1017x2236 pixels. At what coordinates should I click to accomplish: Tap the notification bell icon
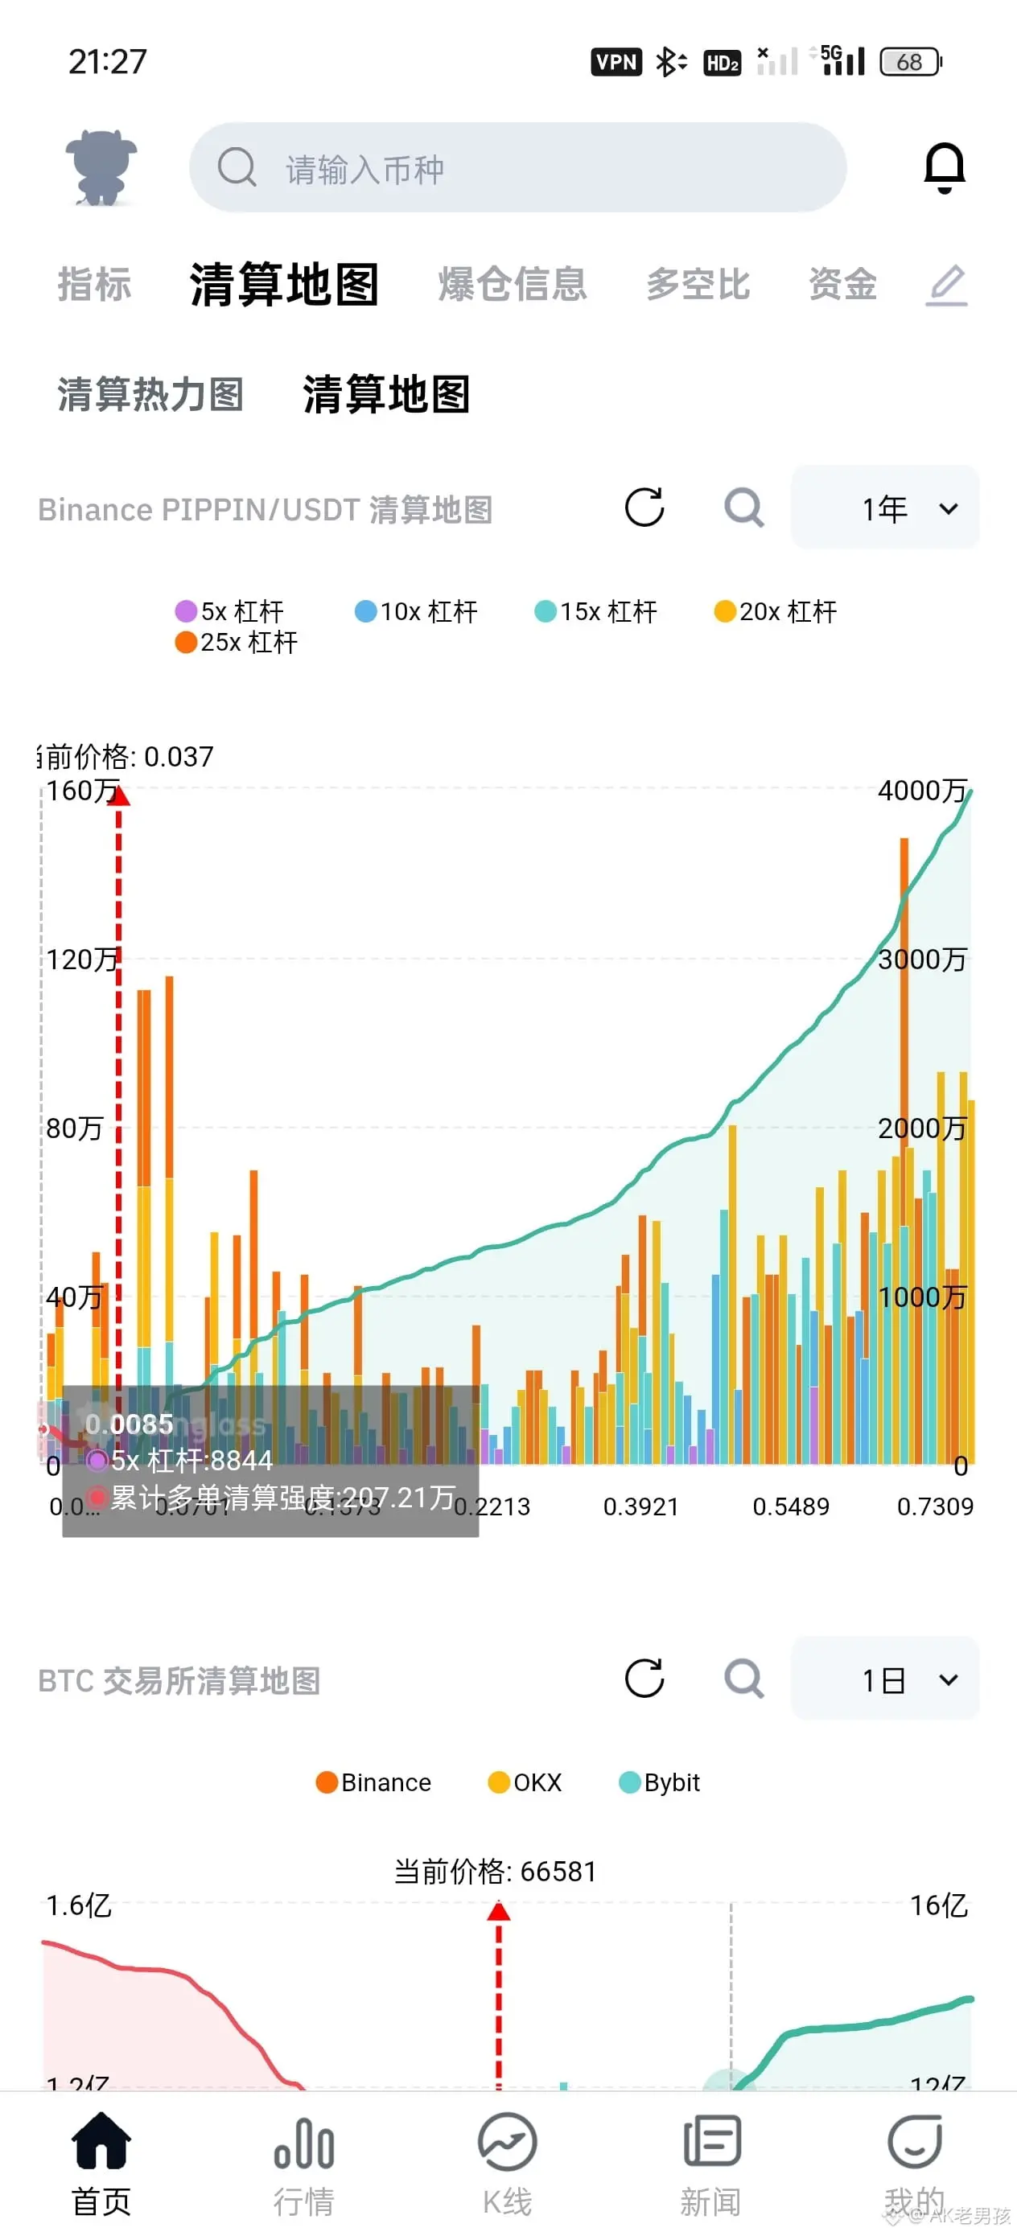(x=944, y=166)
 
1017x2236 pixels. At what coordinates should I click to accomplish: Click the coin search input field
(x=517, y=167)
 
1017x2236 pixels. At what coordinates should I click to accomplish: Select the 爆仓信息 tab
(x=513, y=285)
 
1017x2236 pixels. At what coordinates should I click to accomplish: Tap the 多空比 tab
(x=698, y=285)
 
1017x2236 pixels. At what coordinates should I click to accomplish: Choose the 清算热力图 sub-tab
(x=150, y=395)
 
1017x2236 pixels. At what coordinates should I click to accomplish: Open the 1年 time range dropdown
(x=885, y=508)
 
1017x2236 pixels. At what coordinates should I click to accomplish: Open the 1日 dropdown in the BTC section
(x=885, y=1679)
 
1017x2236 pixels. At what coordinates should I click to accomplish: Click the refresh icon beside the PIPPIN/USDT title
(x=644, y=508)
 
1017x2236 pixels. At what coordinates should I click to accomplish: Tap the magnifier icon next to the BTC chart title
(x=744, y=1679)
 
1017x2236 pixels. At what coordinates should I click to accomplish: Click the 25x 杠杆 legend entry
(x=237, y=643)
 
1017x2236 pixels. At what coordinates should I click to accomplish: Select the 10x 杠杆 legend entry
(x=417, y=612)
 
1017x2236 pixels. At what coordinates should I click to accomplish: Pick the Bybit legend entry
(x=659, y=1782)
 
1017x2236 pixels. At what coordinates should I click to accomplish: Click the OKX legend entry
(x=525, y=1782)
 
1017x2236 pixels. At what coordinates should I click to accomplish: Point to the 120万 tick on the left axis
(x=81, y=960)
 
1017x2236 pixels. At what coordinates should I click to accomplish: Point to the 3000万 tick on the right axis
(x=921, y=960)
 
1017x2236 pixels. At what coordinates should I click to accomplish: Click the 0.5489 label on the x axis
(x=790, y=1506)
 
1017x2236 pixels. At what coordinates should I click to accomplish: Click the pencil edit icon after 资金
(x=947, y=285)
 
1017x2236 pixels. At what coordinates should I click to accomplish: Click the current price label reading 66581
(x=495, y=1872)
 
